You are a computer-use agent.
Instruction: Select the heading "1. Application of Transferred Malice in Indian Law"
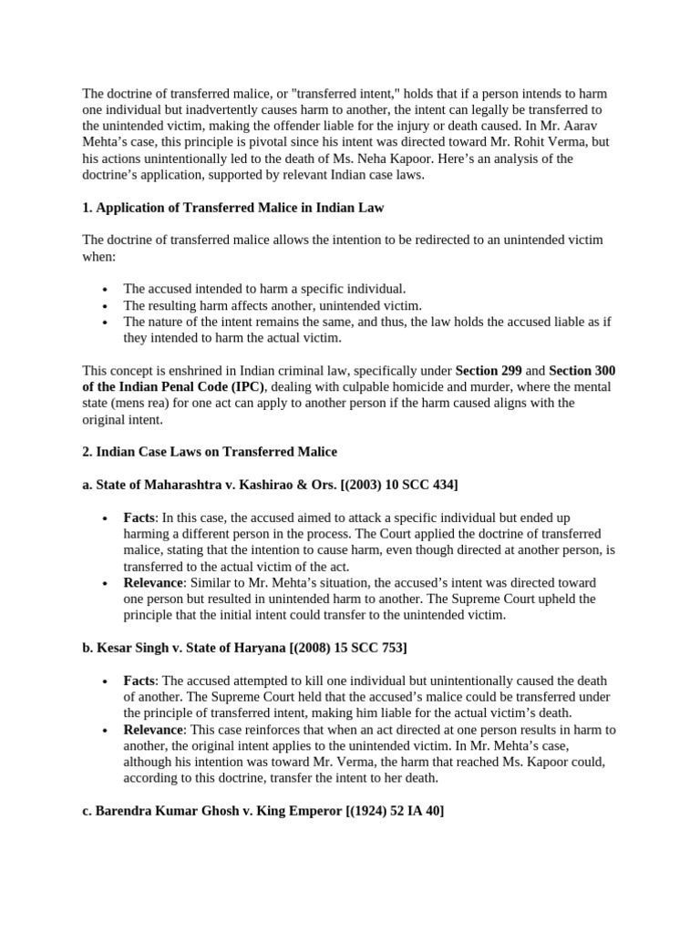pos(233,208)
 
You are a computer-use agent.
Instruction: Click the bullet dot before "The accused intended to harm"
pos(107,290)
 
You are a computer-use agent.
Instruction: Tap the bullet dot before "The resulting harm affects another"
pos(107,306)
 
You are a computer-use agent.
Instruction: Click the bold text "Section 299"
pos(489,371)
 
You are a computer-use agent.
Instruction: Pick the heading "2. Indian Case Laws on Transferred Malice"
pos(210,452)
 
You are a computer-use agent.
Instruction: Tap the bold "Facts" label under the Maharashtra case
pos(139,518)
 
